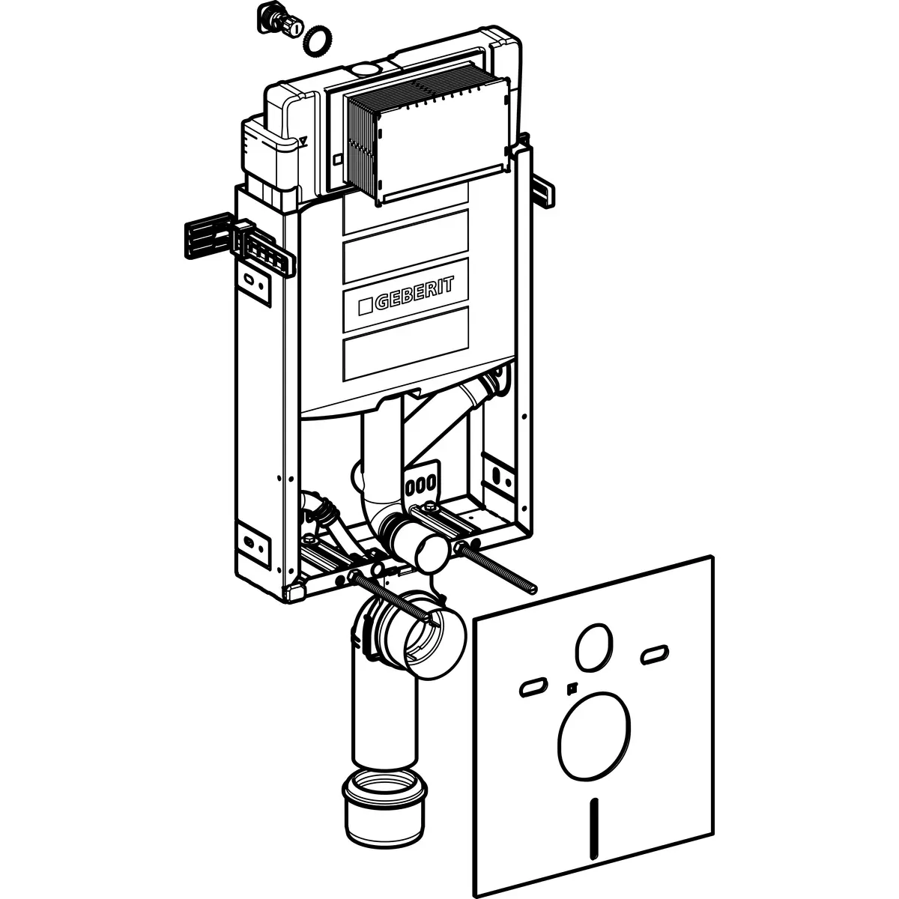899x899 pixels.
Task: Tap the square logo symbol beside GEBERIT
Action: click(x=365, y=306)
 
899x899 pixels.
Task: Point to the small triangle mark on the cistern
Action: click(x=303, y=140)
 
